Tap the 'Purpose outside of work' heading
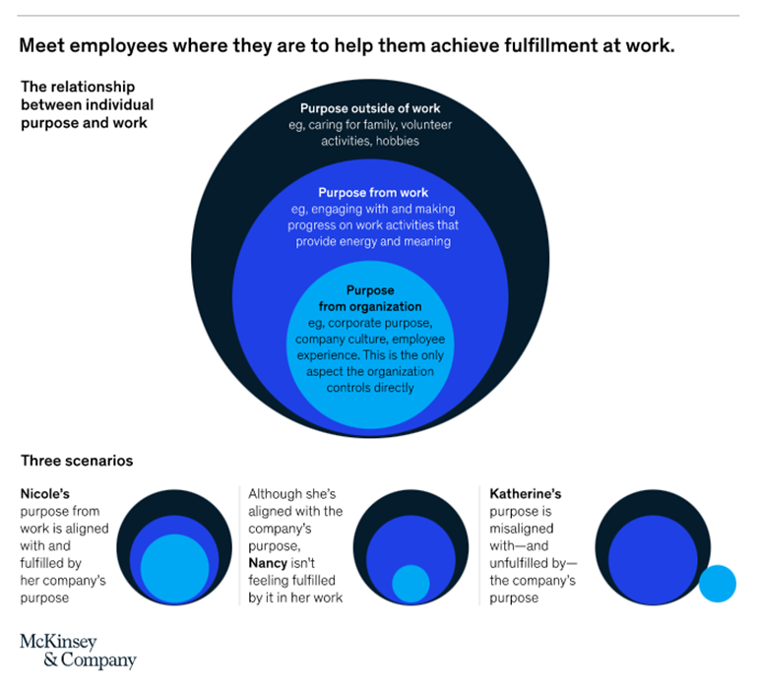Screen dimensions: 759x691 coord(370,108)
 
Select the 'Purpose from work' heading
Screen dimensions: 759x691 coord(373,193)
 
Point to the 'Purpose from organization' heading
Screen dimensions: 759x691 coord(370,299)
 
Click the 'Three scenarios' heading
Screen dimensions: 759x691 coord(77,461)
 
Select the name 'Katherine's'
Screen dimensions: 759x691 coord(525,493)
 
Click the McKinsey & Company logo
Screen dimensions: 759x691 coord(78,652)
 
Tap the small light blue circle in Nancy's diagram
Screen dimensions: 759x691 coord(411,584)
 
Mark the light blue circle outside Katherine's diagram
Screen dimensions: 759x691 coord(717,583)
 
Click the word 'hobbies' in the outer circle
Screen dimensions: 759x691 coord(398,141)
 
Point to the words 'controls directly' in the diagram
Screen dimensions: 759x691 coord(369,387)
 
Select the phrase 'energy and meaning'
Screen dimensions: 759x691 coord(410,241)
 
